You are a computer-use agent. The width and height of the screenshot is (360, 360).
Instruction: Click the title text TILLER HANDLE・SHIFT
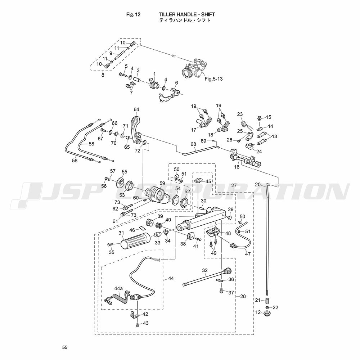point(187,14)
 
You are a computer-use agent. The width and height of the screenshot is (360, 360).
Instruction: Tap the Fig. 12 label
point(133,14)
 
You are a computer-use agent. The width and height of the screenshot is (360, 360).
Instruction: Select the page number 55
point(64,347)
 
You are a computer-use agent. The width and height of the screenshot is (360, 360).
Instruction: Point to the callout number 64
point(136,109)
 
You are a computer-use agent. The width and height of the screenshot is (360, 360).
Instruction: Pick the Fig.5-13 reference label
point(213,79)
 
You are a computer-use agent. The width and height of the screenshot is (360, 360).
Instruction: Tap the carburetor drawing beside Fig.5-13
point(192,68)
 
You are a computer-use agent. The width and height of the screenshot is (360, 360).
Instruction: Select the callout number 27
point(234,186)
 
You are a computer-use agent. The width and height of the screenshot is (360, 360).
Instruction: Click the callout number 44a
point(118,288)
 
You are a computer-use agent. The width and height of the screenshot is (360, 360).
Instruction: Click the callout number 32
point(205,270)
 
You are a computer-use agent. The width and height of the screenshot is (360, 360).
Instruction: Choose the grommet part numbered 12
point(267,314)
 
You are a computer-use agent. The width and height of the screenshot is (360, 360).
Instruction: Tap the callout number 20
point(257,184)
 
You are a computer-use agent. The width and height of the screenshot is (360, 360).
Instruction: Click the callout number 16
point(237,167)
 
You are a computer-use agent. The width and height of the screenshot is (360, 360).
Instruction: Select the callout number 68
point(193,144)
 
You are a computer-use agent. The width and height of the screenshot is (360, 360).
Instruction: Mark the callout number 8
point(103,75)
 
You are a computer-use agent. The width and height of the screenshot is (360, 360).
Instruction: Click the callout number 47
point(248,254)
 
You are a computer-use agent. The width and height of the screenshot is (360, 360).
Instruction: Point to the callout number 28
point(243,296)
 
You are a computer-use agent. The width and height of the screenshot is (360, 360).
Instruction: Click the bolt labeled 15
point(259,118)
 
